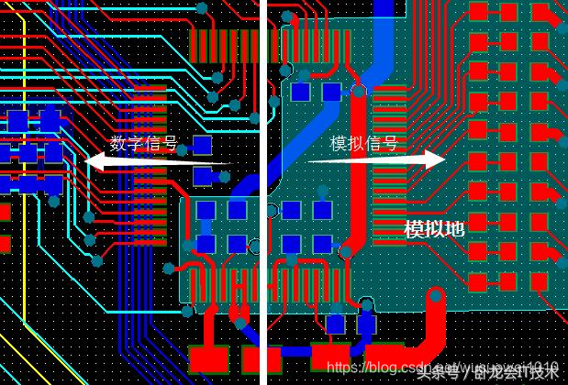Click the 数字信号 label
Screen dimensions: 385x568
pos(144,144)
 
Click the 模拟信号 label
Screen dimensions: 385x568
pos(364,144)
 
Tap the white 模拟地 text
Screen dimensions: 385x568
pos(434,230)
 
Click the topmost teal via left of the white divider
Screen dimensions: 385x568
pos(202,7)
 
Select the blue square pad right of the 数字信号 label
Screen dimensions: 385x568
pos(202,145)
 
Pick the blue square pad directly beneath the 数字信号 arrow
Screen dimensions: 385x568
pos(203,176)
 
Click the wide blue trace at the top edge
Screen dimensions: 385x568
pos(384,18)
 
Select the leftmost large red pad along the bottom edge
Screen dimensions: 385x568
pos(208,357)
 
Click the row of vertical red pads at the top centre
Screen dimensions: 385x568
pos(224,42)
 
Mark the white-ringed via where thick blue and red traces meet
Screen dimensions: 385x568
pos(357,90)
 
